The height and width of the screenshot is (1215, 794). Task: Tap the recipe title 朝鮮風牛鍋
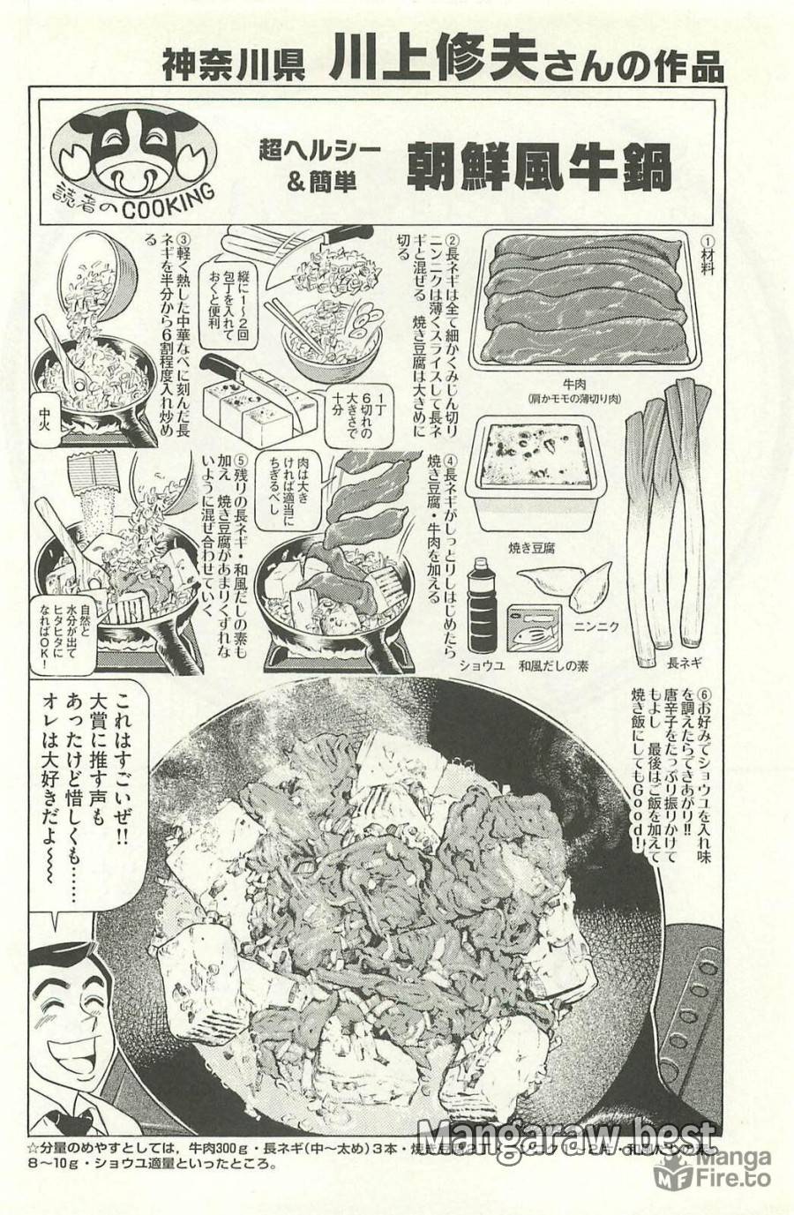click(539, 167)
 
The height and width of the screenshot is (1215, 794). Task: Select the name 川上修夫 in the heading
click(432, 64)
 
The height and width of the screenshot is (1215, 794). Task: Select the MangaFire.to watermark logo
click(714, 1169)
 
